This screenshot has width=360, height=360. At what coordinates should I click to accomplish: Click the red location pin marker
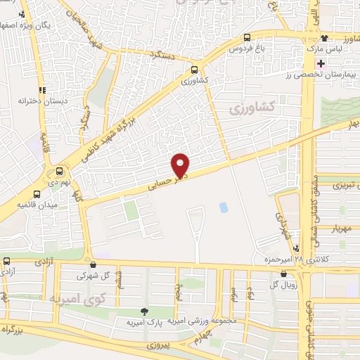pos(181,165)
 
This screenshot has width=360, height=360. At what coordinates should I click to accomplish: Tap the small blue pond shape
pos(224,207)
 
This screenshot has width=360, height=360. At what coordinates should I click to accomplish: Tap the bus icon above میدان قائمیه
pos(37,193)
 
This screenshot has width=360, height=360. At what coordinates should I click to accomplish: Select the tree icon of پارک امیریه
pos(144,311)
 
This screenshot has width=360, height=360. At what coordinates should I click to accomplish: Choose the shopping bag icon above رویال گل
pos(283,274)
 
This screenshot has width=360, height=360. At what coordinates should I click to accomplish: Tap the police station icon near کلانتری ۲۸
pos(297,248)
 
